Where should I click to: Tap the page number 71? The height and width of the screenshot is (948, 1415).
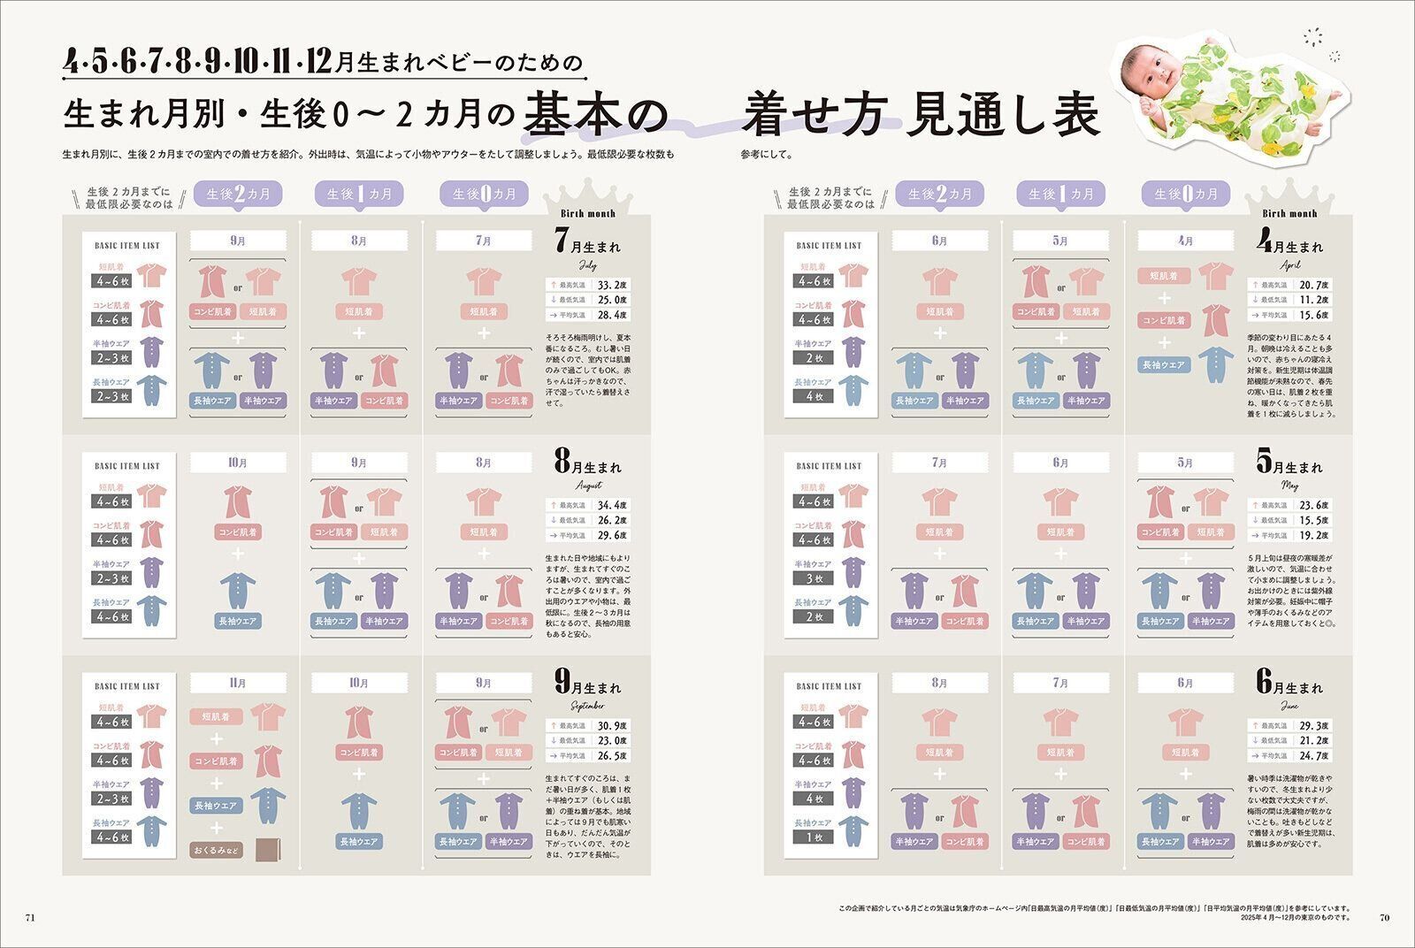pos(29,917)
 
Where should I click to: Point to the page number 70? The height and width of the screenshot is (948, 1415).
pos(1384,917)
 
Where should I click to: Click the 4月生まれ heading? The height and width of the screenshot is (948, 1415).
pos(1290,243)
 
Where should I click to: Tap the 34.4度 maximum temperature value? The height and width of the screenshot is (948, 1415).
pos(612,505)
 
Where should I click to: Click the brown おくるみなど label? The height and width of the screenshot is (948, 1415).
pos(216,850)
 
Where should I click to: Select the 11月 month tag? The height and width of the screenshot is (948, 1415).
pos(238,683)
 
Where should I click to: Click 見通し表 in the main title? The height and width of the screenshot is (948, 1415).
pos(1002,115)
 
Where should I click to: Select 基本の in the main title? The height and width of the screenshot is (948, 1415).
pos(593,115)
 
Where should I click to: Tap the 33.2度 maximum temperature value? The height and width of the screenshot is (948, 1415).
pos(612,285)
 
